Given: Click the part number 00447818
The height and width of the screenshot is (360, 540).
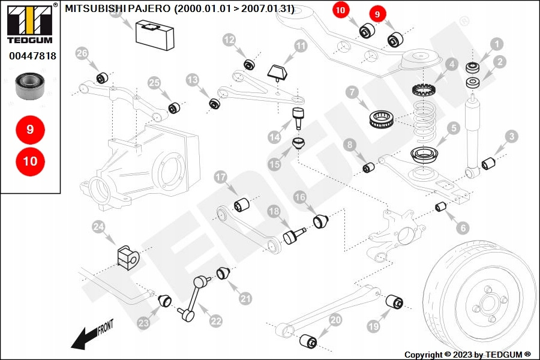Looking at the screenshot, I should [x=32, y=56].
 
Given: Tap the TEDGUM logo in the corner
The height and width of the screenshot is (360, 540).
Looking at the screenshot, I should [x=29, y=24].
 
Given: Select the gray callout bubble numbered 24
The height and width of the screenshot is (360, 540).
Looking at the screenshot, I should [x=98, y=227].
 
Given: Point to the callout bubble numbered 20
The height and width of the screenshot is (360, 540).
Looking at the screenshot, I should [x=335, y=320].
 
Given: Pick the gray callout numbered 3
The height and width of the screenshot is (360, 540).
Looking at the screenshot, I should [x=511, y=137].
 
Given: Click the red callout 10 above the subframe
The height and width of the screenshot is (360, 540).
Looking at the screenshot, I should [x=341, y=10].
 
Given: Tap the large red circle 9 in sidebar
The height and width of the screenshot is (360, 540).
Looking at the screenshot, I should [x=30, y=129].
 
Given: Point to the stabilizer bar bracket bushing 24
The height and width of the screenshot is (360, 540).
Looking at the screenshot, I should [x=127, y=257].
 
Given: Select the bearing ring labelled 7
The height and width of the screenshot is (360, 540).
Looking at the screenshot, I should [x=380, y=117].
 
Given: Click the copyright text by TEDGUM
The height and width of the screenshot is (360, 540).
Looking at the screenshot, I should [x=467, y=355].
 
